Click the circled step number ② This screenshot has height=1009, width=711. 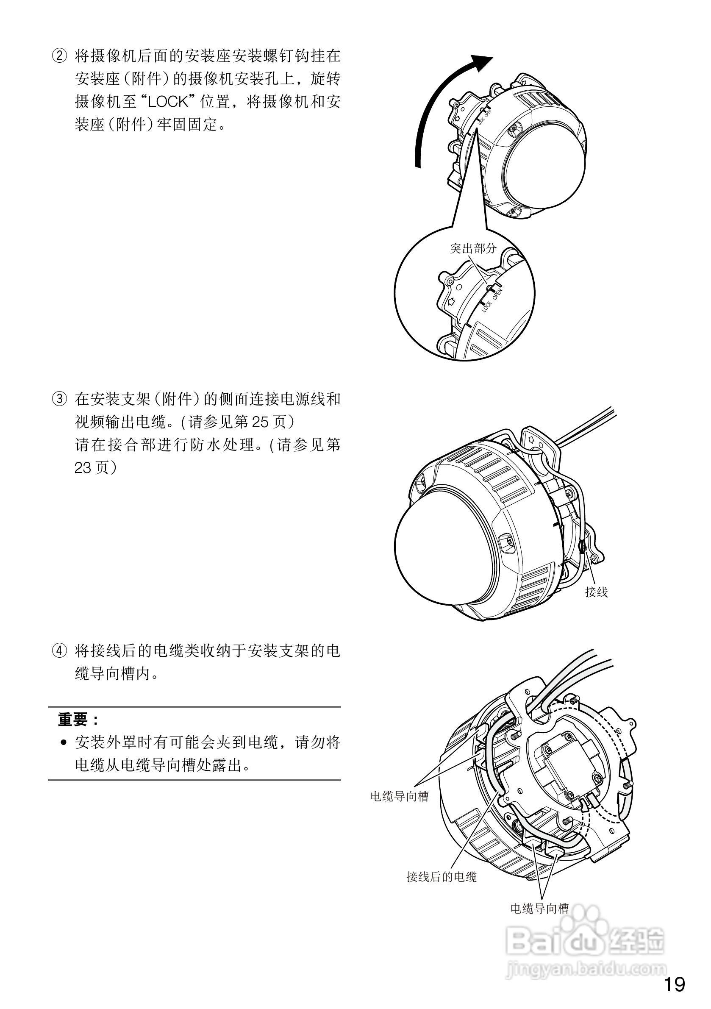coord(60,57)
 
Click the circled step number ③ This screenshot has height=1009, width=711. coord(60,400)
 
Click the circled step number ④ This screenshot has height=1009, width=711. coord(60,651)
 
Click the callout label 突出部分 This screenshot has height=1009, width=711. coord(473,249)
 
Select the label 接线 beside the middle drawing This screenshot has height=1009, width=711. coord(596,592)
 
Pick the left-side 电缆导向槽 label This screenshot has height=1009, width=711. coord(399,796)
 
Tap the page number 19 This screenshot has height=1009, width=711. coord(674,984)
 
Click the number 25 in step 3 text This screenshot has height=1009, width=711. coord(259,423)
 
